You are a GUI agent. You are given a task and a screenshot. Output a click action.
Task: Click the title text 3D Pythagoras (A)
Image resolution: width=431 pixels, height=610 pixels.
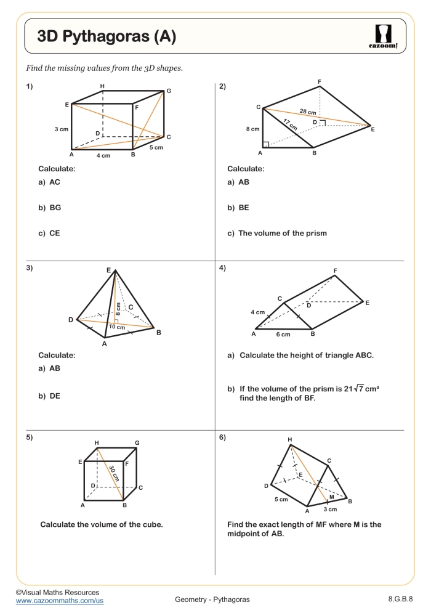(x=107, y=37)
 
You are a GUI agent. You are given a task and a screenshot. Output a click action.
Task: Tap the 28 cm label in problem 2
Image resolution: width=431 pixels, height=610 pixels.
(x=308, y=112)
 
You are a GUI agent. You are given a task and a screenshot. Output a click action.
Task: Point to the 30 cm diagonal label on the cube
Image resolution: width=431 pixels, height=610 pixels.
(x=114, y=473)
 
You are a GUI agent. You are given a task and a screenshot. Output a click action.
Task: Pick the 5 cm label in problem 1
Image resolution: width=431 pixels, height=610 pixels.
(x=156, y=148)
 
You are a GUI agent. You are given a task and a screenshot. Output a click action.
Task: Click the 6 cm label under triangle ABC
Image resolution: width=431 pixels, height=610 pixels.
(x=283, y=335)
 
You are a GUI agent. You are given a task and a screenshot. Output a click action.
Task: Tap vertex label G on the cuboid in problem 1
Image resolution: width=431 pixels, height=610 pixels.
(x=168, y=91)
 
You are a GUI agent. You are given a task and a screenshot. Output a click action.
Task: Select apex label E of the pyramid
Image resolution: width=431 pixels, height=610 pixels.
(x=108, y=270)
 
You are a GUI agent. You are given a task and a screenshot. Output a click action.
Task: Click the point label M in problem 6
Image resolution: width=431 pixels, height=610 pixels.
(x=331, y=497)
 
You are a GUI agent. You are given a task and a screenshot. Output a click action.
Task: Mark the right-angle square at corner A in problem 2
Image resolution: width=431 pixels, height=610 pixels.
(x=265, y=145)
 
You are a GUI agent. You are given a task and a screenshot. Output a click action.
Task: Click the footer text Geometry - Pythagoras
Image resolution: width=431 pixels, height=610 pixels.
(x=212, y=600)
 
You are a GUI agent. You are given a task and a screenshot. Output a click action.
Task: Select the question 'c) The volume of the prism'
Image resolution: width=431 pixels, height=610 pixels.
(x=277, y=234)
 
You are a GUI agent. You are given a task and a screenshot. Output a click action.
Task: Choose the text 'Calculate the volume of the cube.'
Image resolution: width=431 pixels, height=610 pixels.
(x=101, y=524)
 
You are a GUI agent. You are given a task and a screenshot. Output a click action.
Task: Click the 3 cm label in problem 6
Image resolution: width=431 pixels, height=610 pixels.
(x=330, y=510)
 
